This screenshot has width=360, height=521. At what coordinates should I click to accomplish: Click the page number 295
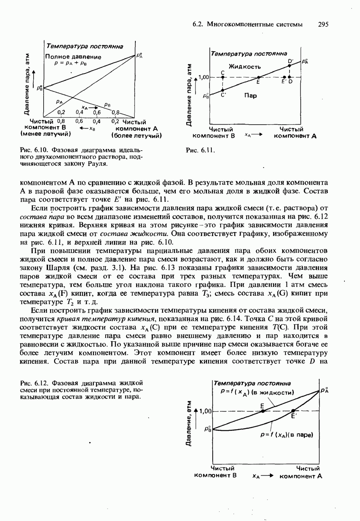click(323, 24)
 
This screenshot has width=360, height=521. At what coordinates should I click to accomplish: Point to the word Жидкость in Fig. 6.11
click(245, 66)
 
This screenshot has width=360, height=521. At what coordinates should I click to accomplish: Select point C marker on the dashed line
click(222, 77)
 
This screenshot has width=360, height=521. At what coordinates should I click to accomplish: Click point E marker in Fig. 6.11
click(259, 77)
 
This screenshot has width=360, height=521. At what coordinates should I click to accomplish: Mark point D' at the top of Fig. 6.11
click(289, 66)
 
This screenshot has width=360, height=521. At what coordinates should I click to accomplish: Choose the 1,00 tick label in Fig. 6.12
click(205, 411)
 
